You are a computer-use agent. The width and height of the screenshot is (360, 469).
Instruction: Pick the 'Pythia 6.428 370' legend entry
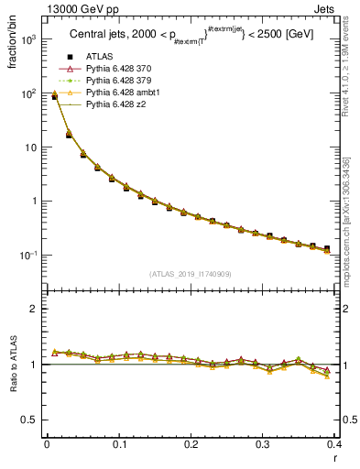click(119, 70)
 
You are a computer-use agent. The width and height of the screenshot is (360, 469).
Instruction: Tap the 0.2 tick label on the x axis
click(191, 444)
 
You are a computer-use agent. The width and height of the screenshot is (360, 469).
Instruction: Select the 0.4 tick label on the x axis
click(333, 444)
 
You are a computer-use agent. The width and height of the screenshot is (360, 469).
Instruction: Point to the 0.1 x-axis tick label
click(119, 444)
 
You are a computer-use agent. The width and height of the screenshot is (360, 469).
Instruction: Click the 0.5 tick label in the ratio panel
click(30, 420)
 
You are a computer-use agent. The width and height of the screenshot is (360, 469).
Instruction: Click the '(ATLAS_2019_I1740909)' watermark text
click(191, 275)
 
